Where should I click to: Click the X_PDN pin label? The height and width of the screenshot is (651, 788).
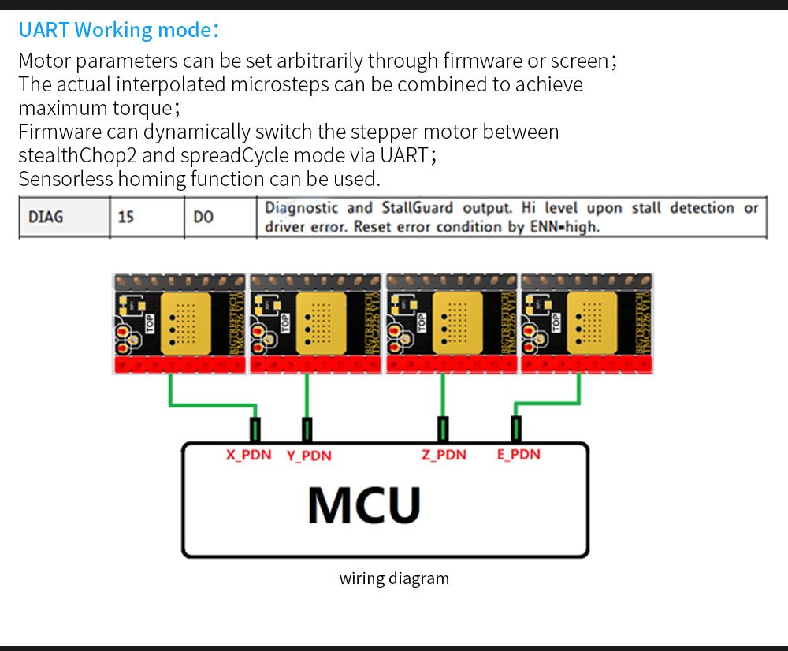(248, 455)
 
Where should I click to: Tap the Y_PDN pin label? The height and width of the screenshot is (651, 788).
(309, 456)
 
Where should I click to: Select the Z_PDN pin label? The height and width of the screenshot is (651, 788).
(444, 455)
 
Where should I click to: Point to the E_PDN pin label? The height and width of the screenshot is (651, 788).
(519, 455)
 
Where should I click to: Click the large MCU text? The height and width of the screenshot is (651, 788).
(364, 505)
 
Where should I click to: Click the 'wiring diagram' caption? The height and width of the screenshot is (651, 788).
(394, 578)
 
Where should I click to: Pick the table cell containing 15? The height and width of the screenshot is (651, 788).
(126, 217)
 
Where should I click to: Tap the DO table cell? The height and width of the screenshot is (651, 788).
(203, 217)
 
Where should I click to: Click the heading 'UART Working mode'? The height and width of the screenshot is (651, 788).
(118, 30)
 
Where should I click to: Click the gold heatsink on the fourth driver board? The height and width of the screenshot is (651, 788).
(593, 322)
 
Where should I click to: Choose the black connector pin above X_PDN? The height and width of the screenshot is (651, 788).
(255, 430)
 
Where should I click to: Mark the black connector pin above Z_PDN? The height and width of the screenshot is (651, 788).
(443, 430)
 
